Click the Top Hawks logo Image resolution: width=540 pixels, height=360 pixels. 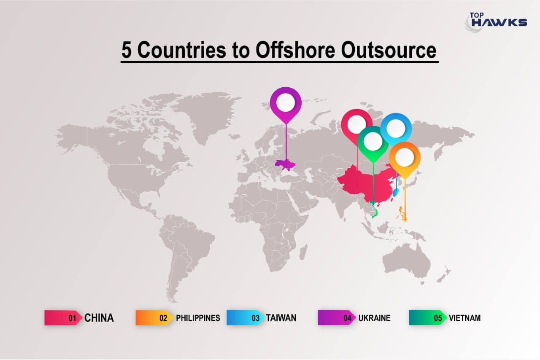pos(496,22)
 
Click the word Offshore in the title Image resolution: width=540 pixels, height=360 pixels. pos(295,50)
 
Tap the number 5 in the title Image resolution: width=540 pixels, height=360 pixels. pos(127,50)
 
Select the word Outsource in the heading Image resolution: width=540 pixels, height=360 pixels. pos(389,50)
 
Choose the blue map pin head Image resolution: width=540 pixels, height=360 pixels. pos(396,128)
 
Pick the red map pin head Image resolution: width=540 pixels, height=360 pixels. pos(356,125)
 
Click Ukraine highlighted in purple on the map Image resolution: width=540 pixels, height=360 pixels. pos(285,164)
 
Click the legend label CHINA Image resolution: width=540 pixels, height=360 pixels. pos(99,318)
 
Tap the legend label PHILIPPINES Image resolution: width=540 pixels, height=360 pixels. pos(198,318)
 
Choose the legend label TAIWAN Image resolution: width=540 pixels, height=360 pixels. pos(281,318)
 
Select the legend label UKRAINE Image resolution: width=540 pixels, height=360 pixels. pos(374,318)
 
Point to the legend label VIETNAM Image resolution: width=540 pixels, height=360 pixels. pos(464,318)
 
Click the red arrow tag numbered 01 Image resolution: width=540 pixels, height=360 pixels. pos(63,318)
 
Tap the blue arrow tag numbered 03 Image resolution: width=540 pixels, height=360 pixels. pos(246,318)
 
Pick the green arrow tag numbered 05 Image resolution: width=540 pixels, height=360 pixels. pos(428,318)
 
